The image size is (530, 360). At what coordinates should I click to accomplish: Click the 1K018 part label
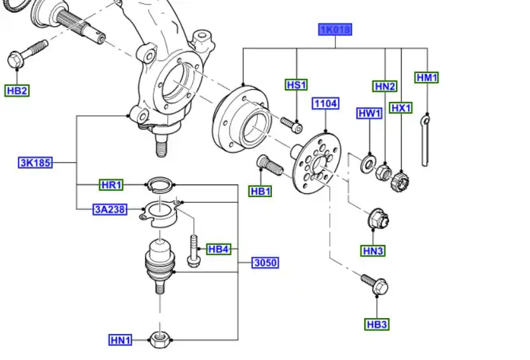pyautogui.click(x=335, y=29)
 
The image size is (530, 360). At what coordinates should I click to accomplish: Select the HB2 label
pyautogui.click(x=17, y=90)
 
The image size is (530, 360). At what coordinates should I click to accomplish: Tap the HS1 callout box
pyautogui.click(x=296, y=85)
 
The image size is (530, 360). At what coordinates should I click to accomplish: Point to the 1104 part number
pyautogui.click(x=325, y=103)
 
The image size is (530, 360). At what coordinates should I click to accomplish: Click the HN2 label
pyautogui.click(x=384, y=87)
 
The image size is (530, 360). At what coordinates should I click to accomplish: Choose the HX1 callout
pyautogui.click(x=402, y=108)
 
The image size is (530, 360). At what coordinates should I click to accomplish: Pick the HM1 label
pyautogui.click(x=427, y=78)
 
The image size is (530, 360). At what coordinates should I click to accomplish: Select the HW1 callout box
pyautogui.click(x=369, y=114)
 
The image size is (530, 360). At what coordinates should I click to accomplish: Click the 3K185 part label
pyautogui.click(x=35, y=163)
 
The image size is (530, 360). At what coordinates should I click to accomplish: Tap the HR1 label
pyautogui.click(x=111, y=185)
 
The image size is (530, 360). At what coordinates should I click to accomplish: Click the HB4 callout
pyautogui.click(x=218, y=249)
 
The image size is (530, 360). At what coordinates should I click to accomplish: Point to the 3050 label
pyautogui.click(x=266, y=262)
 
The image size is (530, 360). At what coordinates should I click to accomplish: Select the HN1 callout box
pyautogui.click(x=120, y=340)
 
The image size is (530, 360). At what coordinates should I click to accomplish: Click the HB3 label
pyautogui.click(x=376, y=324)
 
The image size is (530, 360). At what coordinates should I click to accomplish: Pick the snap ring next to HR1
pyautogui.click(x=160, y=184)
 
